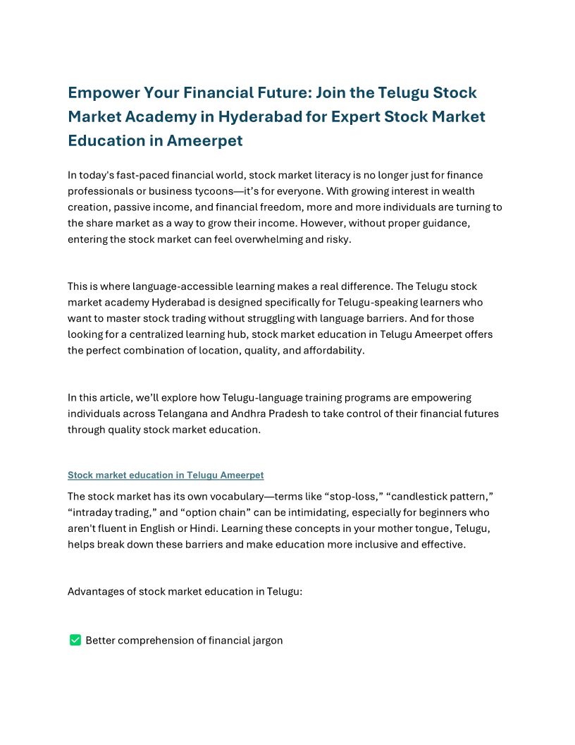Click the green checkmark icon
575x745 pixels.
coord(75,640)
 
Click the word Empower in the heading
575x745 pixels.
coord(103,93)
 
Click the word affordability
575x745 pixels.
coord(334,351)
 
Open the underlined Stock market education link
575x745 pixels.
coord(166,476)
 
